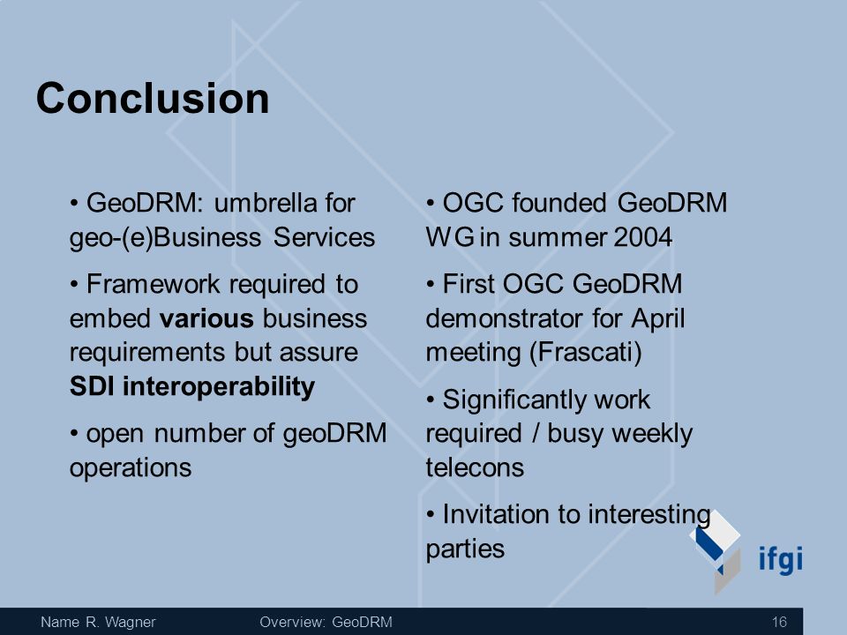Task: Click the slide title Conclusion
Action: tap(153, 98)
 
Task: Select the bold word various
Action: tap(206, 318)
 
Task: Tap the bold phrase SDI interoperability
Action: tap(192, 386)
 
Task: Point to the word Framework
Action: tap(153, 284)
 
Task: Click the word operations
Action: tap(131, 467)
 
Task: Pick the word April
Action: tap(657, 318)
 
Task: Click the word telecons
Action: tap(475, 467)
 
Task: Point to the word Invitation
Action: tap(495, 514)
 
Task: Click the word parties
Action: tap(465, 549)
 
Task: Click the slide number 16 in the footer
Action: tap(779, 622)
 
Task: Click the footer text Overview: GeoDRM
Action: tap(326, 622)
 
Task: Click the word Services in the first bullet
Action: tap(324, 237)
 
